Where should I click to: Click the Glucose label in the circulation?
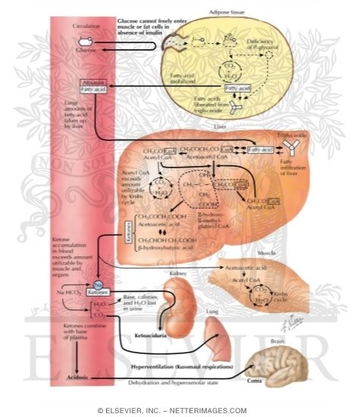pyautogui.click(x=88, y=50)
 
